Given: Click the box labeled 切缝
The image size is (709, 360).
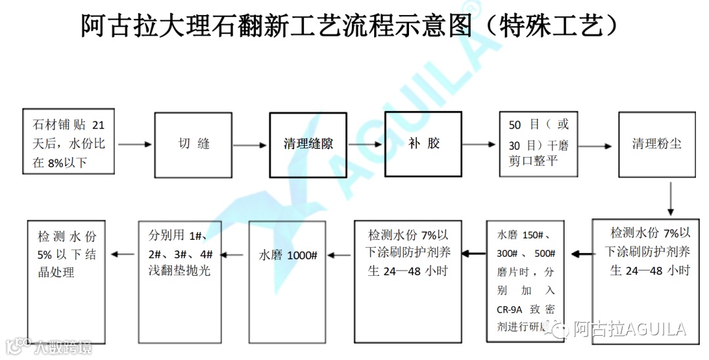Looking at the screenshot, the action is click(x=194, y=144).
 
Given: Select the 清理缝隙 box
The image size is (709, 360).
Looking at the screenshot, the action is click(x=308, y=144).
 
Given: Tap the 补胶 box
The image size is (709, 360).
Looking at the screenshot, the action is click(x=423, y=144).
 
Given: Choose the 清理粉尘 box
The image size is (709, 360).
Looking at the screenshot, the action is click(x=656, y=144).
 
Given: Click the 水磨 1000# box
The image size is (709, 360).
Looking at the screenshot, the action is click(x=289, y=282).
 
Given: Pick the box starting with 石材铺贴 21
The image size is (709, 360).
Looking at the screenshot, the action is click(x=68, y=144).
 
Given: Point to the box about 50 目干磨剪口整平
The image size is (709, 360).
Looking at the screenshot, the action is click(x=538, y=143).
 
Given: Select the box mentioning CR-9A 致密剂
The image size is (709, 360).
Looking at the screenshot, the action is click(x=526, y=282).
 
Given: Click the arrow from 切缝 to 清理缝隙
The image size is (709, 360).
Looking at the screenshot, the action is click(x=250, y=144).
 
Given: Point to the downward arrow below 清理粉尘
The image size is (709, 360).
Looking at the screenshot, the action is click(x=670, y=198).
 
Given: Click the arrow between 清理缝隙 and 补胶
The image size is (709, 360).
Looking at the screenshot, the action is click(x=365, y=144).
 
